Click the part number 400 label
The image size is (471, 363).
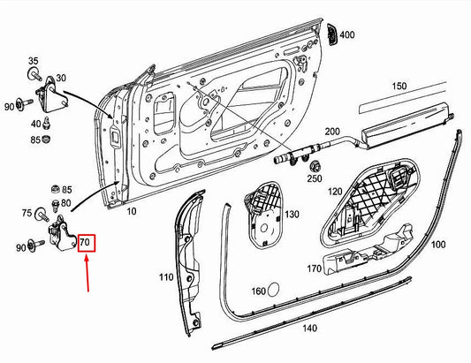pyautogui.click(x=346, y=35)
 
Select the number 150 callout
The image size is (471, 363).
pyautogui.click(x=399, y=86)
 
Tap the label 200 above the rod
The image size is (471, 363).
pyautogui.click(x=331, y=132)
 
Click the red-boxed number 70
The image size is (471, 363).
pyautogui.click(x=87, y=242)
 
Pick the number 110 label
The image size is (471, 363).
pyautogui.click(x=166, y=277)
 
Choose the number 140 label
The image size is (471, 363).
pyautogui.click(x=309, y=328)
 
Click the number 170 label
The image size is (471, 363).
pyautogui.click(x=315, y=268)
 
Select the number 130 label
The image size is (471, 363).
pyautogui.click(x=292, y=215)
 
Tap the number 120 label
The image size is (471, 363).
pyautogui.click(x=335, y=191)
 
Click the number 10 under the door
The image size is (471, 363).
pyautogui.click(x=132, y=213)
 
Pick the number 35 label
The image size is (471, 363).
pyautogui.click(x=34, y=61)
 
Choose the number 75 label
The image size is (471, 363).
pyautogui.click(x=27, y=213)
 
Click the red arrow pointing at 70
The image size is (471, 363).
pyautogui.click(x=87, y=273)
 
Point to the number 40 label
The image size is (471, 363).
pyautogui.click(x=35, y=124)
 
